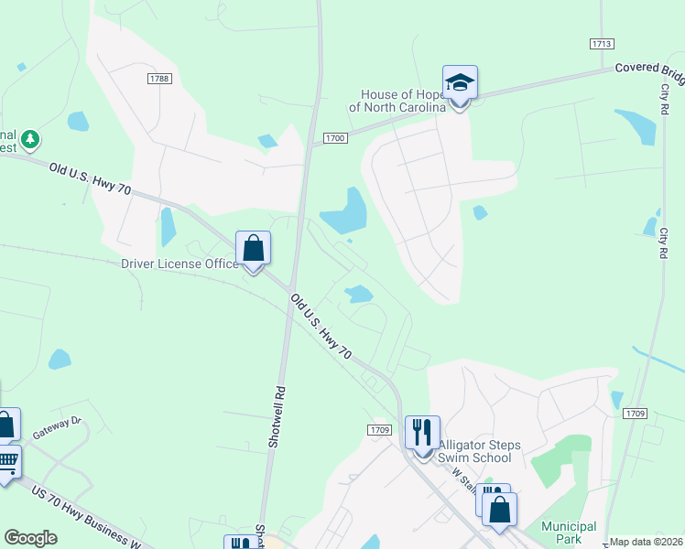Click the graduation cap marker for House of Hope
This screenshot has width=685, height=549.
460,84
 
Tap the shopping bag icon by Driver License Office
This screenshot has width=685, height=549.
254,248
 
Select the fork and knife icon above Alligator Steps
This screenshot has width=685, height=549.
422,432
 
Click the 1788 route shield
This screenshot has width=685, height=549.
158,79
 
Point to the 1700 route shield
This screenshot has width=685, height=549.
335,138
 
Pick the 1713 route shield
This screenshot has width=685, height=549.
601,43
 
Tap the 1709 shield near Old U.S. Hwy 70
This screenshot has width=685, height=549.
381,429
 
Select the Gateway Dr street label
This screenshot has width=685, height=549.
57,426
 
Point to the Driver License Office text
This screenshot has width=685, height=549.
179,264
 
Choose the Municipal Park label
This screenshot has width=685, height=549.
568,533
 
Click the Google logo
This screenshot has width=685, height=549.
30,538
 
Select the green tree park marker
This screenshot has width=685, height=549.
32,139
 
